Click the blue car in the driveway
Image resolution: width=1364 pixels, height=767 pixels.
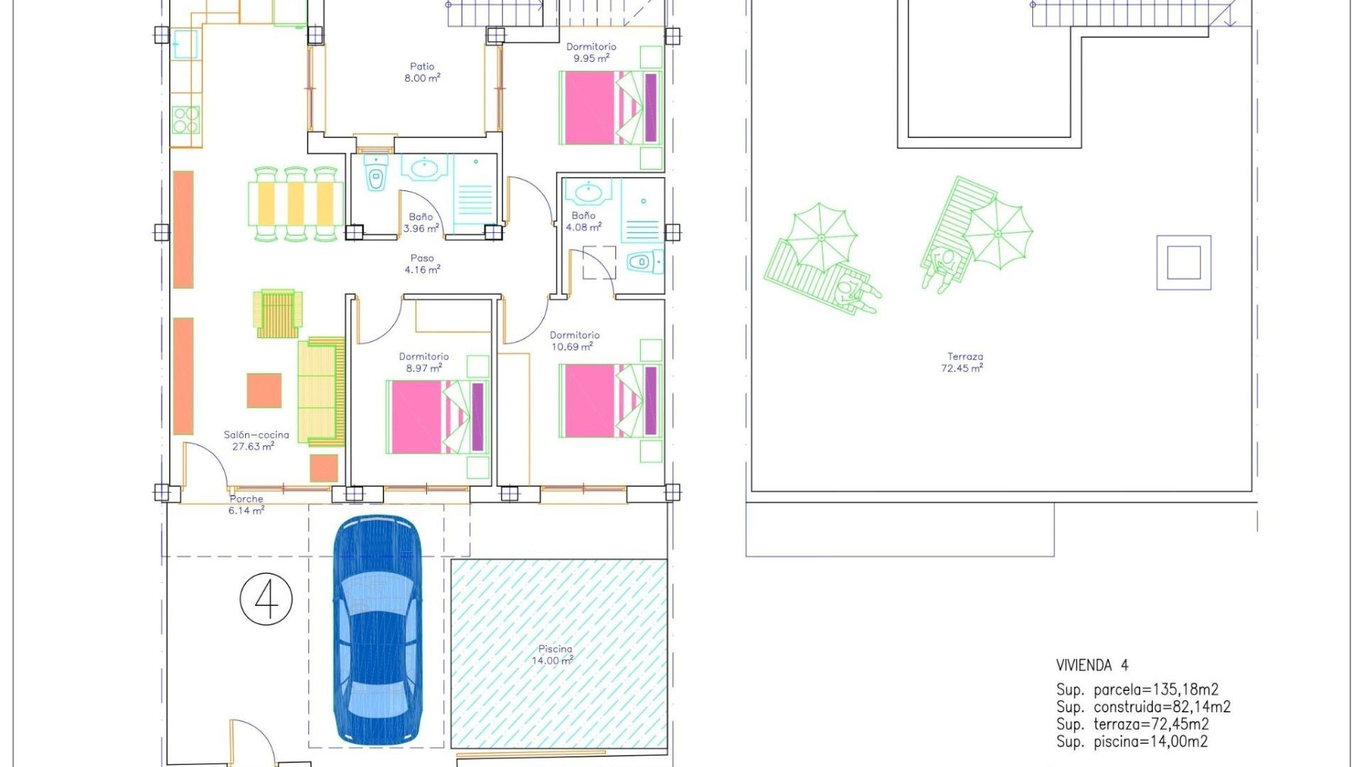(377, 631)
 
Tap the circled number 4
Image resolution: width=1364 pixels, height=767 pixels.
(266, 599)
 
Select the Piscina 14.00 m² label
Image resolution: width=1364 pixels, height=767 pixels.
(554, 655)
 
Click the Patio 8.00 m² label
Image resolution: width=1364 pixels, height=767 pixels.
(422, 72)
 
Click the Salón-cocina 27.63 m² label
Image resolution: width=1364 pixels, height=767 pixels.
(256, 440)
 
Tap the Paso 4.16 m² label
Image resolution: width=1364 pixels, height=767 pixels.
(422, 264)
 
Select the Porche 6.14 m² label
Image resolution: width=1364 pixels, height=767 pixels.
(246, 505)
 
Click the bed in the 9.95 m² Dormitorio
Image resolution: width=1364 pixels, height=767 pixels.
(611, 108)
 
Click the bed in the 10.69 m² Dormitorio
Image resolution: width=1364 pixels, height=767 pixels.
(611, 401)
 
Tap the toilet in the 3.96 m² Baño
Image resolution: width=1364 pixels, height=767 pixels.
(376, 175)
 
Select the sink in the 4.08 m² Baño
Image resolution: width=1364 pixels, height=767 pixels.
(588, 192)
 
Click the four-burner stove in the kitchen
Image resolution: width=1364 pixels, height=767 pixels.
(185, 120)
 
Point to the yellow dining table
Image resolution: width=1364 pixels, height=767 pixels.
(296, 204)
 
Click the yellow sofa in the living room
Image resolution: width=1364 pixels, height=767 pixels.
(321, 391)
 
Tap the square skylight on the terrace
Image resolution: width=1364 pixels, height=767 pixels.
(1184, 263)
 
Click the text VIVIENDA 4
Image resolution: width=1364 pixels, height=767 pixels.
(1092, 665)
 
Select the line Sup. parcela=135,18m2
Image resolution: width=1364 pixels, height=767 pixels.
(1137, 690)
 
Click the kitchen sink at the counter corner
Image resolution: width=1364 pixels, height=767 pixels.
(185, 44)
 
